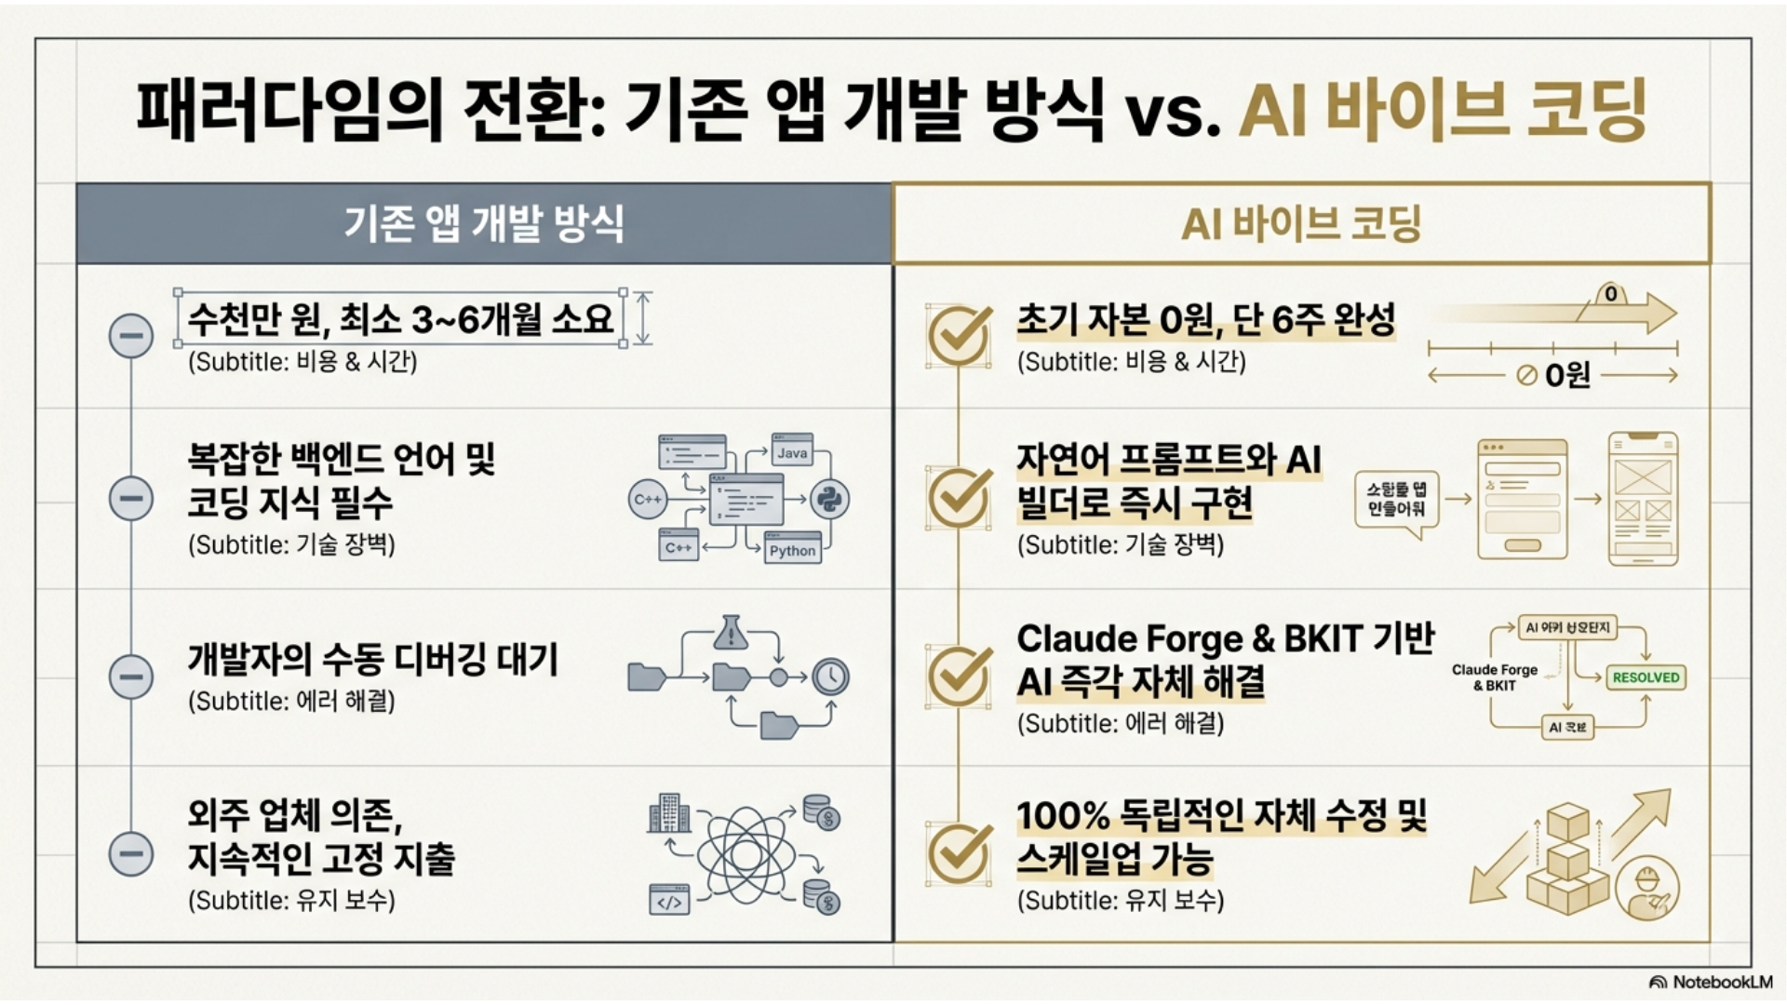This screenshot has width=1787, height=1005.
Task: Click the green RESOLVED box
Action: [x=1646, y=677]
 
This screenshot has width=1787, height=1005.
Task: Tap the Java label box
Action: [x=792, y=452]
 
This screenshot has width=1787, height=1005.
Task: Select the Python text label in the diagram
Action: [x=792, y=550]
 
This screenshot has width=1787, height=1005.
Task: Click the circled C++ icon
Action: [x=648, y=499]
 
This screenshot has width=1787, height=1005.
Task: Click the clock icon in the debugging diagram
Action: [x=830, y=677]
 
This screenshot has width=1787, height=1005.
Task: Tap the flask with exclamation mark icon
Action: [x=732, y=633]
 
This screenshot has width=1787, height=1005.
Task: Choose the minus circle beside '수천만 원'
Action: [x=131, y=335]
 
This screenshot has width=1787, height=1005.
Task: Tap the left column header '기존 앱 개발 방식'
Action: [x=484, y=223]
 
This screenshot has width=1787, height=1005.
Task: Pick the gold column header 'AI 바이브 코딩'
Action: [x=1301, y=223]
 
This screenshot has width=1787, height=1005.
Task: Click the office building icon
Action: [x=668, y=813]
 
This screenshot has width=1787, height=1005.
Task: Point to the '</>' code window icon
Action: [x=669, y=901]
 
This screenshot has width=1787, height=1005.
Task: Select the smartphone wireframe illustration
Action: [x=1643, y=499]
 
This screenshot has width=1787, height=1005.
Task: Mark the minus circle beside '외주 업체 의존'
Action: [x=131, y=853]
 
